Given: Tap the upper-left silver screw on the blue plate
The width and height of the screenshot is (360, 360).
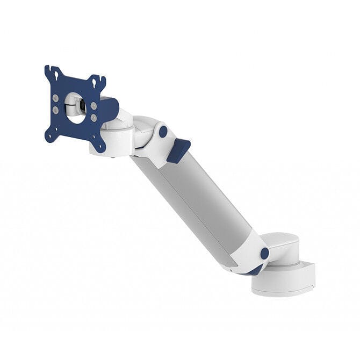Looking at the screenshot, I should pos(56,98).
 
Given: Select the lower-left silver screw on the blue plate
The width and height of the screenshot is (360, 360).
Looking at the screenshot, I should pos(56,110).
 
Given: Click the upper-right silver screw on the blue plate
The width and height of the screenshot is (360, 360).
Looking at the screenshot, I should pos(94,106).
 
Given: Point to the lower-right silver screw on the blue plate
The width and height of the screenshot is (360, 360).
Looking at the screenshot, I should pos(94,117).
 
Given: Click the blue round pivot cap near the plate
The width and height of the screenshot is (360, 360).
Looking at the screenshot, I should pos(163,132).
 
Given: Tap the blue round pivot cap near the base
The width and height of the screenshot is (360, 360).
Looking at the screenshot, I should pos(264,253).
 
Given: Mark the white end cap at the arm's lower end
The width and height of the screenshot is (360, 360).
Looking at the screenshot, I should pos(250,253).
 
